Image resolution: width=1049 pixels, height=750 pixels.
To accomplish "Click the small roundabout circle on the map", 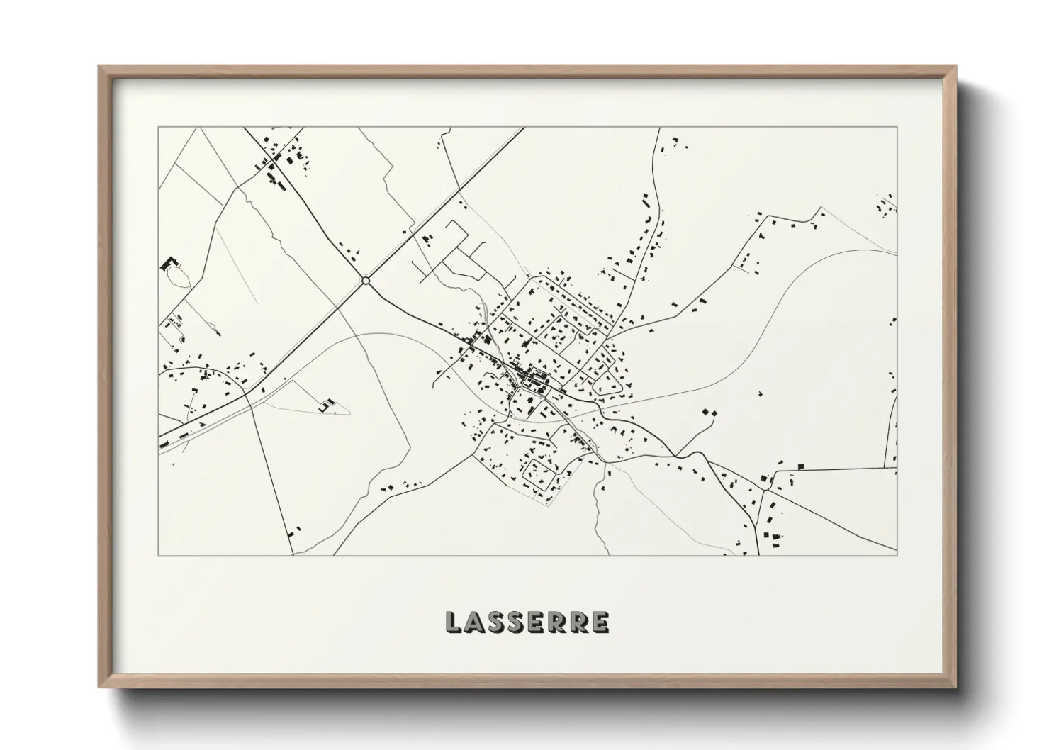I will (x=366, y=281).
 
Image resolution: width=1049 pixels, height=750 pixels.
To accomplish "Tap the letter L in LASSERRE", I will (x=454, y=622).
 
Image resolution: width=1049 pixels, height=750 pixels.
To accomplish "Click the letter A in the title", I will (x=475, y=622).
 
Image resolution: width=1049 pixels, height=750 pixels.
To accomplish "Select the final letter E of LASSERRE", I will (x=600, y=622).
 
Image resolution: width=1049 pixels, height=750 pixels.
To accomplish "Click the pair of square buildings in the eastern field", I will (x=709, y=411).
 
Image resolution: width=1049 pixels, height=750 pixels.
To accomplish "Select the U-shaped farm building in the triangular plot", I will (x=325, y=405).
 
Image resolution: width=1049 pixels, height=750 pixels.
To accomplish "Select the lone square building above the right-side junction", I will (x=802, y=466).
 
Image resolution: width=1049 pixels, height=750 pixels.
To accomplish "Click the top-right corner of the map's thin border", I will (x=897, y=128).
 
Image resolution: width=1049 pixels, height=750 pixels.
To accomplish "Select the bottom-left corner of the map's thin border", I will (x=159, y=555).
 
